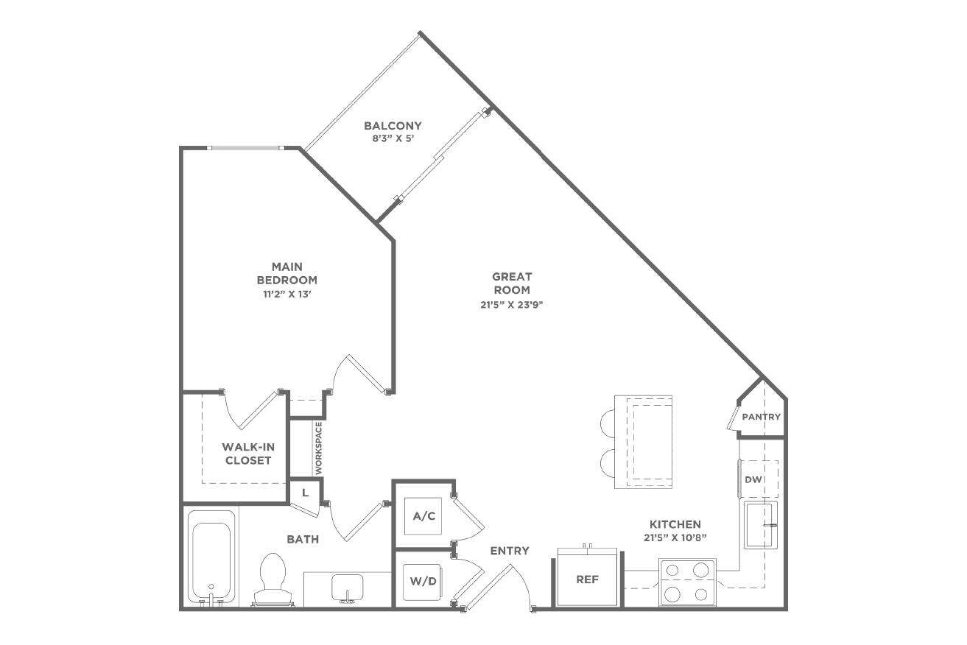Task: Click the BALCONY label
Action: [393, 126]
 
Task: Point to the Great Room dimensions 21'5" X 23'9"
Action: [512, 304]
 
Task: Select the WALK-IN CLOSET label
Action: [248, 454]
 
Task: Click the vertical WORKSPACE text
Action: [319, 448]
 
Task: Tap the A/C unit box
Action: [423, 516]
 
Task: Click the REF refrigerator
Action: [588, 579]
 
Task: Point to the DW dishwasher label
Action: [753, 479]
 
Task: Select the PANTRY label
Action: [761, 417]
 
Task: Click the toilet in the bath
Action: [273, 579]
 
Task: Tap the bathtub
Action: [211, 559]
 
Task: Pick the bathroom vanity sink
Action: [347, 588]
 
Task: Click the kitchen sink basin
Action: [760, 525]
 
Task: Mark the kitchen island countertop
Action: [643, 442]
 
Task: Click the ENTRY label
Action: [510, 551]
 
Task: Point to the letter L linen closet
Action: [305, 493]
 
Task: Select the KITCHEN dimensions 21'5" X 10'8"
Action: [675, 538]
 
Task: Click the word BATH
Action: [303, 539]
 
